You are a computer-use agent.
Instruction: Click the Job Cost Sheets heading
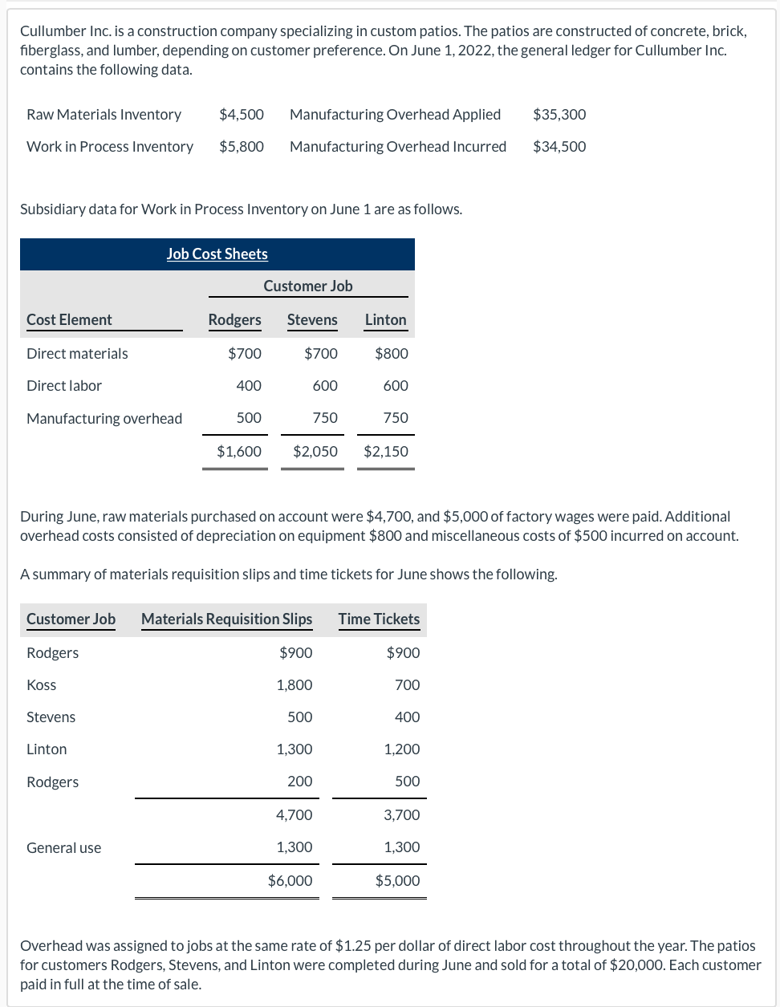pyautogui.click(x=217, y=254)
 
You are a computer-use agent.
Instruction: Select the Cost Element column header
pyautogui.click(x=69, y=319)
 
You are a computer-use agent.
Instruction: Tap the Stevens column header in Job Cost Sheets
pyautogui.click(x=312, y=319)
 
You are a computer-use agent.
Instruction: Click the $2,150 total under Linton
pyautogui.click(x=385, y=451)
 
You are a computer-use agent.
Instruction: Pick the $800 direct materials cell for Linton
pyautogui.click(x=391, y=353)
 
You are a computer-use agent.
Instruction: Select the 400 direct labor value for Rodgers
pyautogui.click(x=248, y=385)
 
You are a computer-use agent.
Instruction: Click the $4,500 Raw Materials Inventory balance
pyautogui.click(x=241, y=114)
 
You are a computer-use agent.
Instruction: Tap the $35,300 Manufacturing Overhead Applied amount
pyautogui.click(x=559, y=114)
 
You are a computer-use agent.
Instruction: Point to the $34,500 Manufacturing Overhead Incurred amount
pyautogui.click(x=559, y=146)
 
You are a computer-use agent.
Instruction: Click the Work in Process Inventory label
pyautogui.click(x=110, y=146)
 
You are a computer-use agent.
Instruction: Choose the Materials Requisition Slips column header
pyautogui.click(x=226, y=619)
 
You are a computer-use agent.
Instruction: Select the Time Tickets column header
pyautogui.click(x=379, y=619)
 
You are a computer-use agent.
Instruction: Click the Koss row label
pyautogui.click(x=42, y=684)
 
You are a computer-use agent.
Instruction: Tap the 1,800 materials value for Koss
pyautogui.click(x=294, y=684)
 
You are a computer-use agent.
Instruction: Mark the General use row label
pyautogui.click(x=64, y=847)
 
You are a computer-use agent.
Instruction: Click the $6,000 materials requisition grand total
pyautogui.click(x=290, y=880)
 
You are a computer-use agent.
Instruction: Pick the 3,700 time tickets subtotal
pyautogui.click(x=401, y=814)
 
